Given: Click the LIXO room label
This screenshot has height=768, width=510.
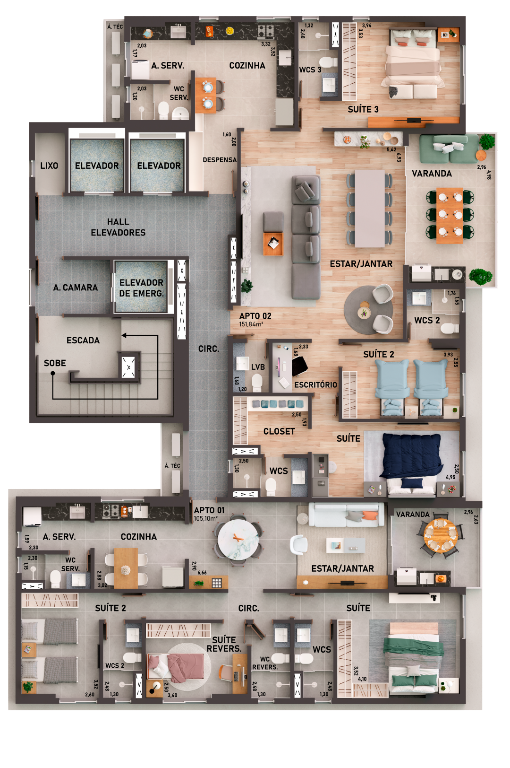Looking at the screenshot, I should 49,166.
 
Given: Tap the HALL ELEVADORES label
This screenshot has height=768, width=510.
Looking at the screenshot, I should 118,227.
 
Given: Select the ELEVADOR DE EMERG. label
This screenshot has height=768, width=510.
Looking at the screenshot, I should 141,288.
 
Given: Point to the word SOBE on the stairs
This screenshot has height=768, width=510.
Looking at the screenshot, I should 55,363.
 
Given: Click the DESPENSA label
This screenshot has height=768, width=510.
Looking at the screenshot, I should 220,160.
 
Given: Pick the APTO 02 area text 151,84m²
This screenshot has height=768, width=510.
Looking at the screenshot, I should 251,324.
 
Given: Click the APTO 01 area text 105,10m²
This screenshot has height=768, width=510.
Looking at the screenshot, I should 206,519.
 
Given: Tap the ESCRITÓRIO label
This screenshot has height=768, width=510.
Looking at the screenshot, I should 315,385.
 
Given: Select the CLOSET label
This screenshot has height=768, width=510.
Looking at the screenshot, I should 279,431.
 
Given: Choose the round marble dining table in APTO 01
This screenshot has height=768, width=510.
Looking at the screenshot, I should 238,539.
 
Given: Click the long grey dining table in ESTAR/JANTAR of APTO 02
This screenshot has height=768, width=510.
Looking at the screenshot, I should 370,208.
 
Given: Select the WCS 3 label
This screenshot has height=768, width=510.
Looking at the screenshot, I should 310,70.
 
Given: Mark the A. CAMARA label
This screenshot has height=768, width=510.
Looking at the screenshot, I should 76,288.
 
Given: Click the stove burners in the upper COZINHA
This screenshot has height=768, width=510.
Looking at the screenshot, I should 265,31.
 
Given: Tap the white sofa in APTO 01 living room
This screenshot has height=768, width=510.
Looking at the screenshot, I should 346,514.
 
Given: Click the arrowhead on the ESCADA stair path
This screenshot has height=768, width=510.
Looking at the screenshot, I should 124,335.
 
